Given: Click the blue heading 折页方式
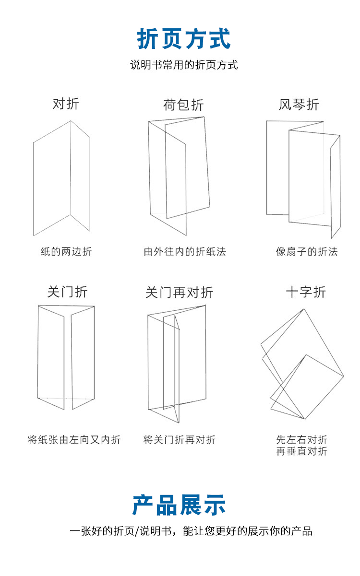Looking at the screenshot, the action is point(183,38).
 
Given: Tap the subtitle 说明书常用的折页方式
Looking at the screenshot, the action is point(184,65).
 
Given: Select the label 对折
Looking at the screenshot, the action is point(66,104).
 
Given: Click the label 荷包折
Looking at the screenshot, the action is point(183,105).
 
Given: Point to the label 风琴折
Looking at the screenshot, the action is point(299,105).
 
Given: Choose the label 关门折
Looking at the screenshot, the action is point(67,292).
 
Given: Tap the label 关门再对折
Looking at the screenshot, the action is point(180,293).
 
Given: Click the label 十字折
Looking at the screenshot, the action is point(306,292).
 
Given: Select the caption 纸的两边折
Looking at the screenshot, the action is point(66,251).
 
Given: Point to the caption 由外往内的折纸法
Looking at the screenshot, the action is point(185,251).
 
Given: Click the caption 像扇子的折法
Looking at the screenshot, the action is point(307,251).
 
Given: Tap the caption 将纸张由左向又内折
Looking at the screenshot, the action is point(74,440).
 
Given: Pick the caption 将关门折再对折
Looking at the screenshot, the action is point(180,440).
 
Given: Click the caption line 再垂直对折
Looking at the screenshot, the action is point(301,451).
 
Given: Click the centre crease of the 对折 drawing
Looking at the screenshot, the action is point(71,168).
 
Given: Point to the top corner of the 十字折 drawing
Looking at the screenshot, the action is point(304,309).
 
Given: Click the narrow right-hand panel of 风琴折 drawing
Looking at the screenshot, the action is point(336,187).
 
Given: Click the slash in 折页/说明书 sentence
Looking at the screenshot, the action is point(137,531).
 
